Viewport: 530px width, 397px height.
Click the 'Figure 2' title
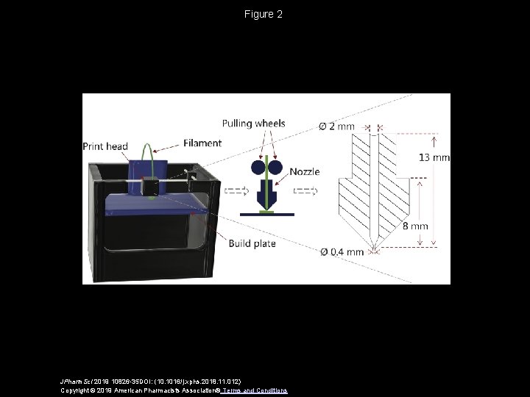point(264,14)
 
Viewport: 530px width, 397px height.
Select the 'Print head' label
point(106,146)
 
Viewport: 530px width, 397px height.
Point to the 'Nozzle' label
point(305,171)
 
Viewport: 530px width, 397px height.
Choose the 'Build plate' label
point(252,243)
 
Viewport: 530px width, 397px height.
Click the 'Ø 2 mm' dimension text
point(336,126)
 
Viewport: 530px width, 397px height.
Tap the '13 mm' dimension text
point(433,157)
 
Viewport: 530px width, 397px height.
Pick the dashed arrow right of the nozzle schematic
point(305,192)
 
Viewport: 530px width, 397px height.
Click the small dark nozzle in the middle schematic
point(267,194)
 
